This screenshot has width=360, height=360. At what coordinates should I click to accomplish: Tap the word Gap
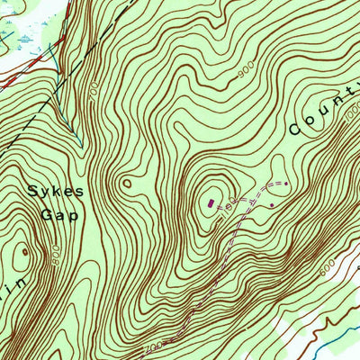click(x=59, y=215)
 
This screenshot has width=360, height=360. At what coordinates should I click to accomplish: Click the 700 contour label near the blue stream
click(x=93, y=90)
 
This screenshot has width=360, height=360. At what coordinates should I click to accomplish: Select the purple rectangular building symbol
click(x=212, y=203)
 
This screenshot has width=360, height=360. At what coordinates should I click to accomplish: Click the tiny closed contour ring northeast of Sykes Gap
click(x=127, y=184)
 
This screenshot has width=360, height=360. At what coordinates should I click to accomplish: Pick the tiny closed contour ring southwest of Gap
click(x=24, y=252)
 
